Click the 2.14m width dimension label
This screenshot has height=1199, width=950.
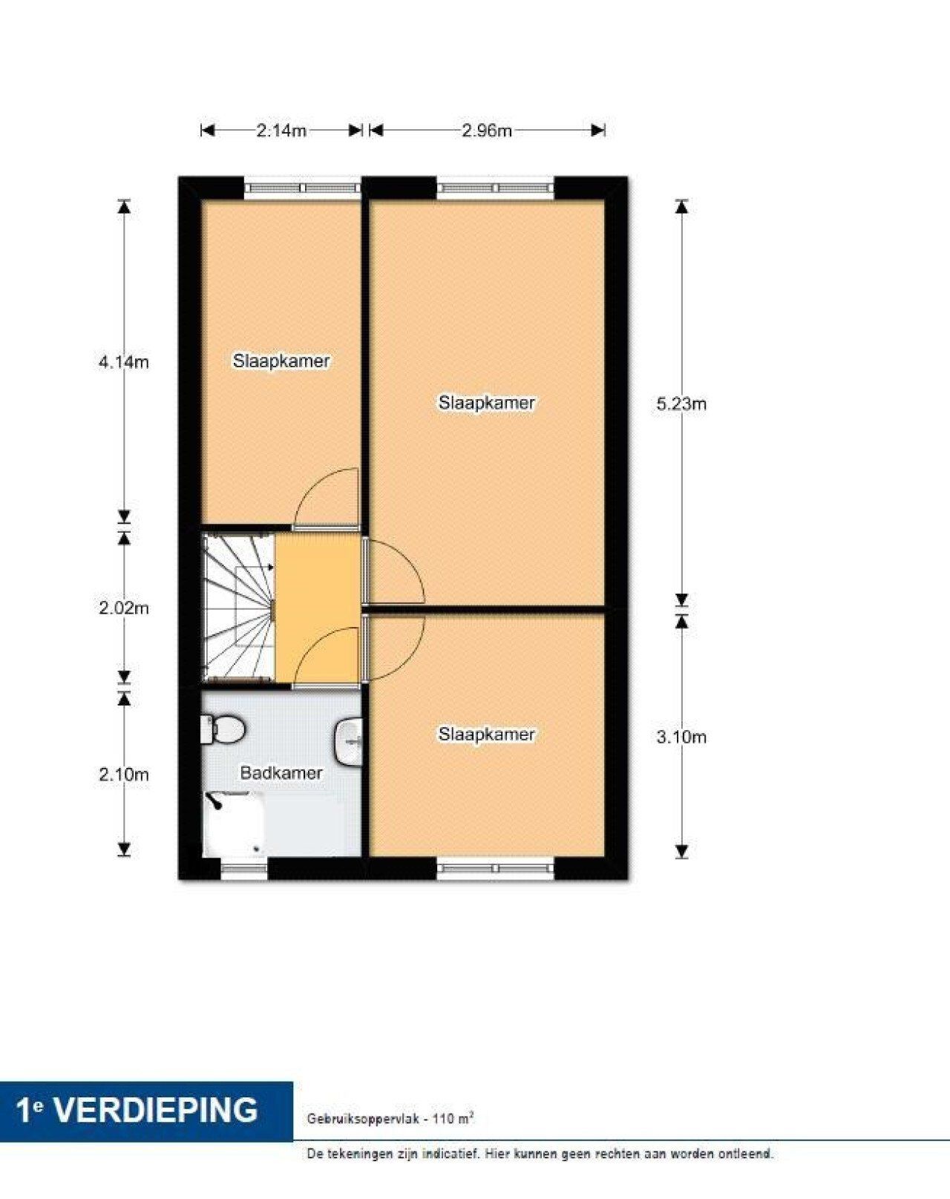[281, 131]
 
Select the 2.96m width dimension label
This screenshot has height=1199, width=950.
[487, 131]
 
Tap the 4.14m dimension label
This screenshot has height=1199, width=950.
[124, 362]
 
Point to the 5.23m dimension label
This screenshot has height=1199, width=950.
[681, 404]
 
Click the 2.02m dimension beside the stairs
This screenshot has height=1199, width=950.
[124, 608]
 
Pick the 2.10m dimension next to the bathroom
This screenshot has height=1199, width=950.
[124, 775]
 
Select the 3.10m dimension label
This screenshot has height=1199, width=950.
[681, 737]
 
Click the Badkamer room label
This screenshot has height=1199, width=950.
[281, 773]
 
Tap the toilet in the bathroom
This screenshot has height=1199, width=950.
[223, 729]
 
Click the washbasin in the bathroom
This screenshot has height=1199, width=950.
[348, 741]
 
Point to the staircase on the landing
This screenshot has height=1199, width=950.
[239, 608]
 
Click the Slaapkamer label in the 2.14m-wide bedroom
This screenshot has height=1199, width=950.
[281, 361]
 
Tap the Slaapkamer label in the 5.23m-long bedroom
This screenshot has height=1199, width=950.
[486, 402]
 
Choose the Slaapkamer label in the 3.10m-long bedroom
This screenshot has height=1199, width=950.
[486, 734]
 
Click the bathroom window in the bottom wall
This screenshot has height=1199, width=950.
[244, 868]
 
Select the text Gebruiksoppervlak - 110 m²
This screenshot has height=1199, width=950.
[390, 1117]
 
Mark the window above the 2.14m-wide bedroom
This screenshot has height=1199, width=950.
[302, 188]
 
